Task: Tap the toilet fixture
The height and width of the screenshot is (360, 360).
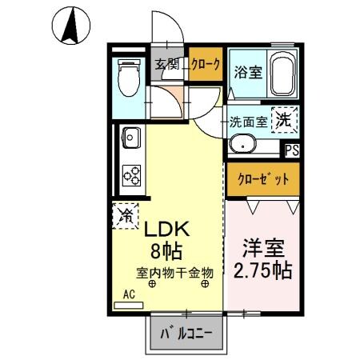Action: [x=127, y=78]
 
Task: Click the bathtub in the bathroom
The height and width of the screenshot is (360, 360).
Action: [x=282, y=75]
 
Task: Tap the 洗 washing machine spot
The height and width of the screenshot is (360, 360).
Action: [x=285, y=122]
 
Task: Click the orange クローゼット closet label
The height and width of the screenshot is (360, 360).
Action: [x=262, y=179]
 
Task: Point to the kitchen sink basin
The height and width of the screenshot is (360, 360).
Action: [x=131, y=138]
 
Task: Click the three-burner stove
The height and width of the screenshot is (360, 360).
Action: [x=131, y=173]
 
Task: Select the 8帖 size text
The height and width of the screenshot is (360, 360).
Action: [x=166, y=251]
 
